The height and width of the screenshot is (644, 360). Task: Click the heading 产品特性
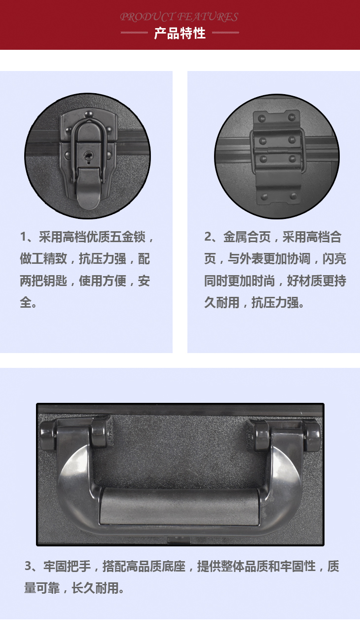(x=180, y=34)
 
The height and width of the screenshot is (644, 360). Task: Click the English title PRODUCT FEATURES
(x=179, y=17)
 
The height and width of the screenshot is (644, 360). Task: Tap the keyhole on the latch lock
(x=88, y=157)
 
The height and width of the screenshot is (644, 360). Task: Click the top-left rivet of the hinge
(x=262, y=118)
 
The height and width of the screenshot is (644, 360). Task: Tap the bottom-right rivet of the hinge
(x=293, y=196)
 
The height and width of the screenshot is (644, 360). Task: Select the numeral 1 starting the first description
(x=23, y=237)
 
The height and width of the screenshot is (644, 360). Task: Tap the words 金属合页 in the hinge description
(x=247, y=237)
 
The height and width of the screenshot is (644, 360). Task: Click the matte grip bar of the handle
(x=179, y=506)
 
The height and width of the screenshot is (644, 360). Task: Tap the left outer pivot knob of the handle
(x=48, y=435)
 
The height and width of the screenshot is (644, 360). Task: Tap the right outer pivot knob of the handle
(x=312, y=435)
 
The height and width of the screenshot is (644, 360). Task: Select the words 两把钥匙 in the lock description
(x=43, y=281)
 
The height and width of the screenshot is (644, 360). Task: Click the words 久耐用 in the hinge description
(x=222, y=303)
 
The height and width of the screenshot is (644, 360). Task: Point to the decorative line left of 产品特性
(x=134, y=33)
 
